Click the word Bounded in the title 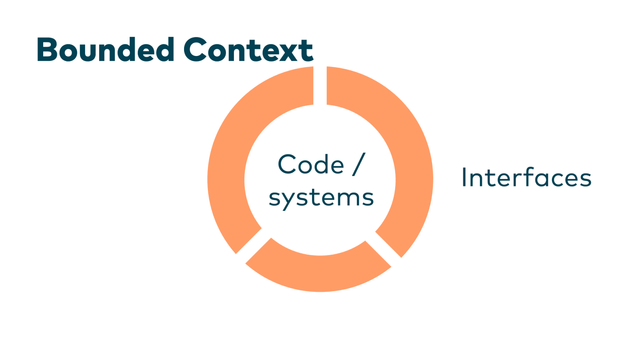click(x=105, y=50)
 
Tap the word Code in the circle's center click(x=311, y=164)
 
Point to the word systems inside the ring click(x=321, y=198)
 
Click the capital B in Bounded click(x=47, y=50)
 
